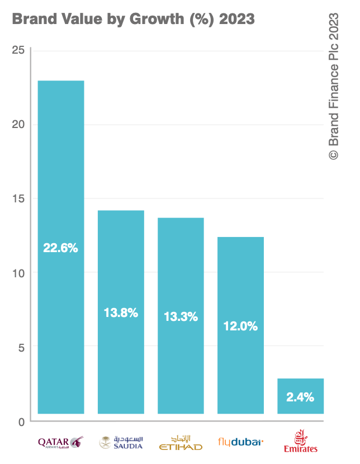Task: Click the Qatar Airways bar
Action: pos(61,168)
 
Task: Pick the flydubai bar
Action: pos(240,280)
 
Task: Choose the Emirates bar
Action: pos(300,386)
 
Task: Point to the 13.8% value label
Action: pos(121,313)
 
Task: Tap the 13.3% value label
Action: pos(181,317)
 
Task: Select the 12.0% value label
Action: pos(240,326)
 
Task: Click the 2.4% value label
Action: pos(300,398)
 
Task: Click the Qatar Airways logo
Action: pos(60,442)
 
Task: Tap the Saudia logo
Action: pos(121,442)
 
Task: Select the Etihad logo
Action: pos(181,442)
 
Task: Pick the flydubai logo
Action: pos(240,442)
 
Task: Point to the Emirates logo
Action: pos(300,441)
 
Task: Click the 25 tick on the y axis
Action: pos(18,50)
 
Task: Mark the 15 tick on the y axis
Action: pos(18,198)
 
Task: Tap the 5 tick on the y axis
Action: pos(21,347)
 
